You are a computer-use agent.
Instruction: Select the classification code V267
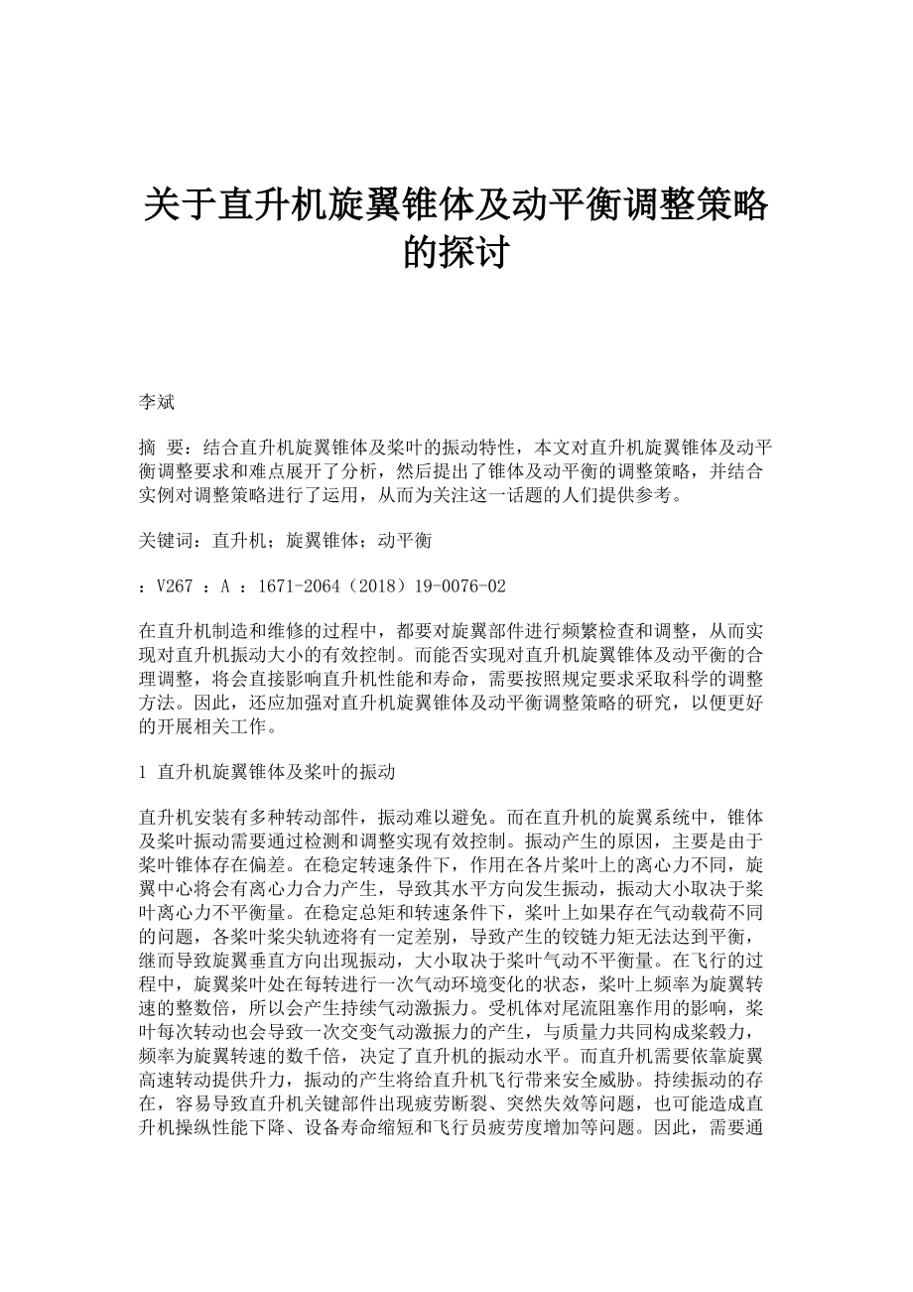pyautogui.click(x=174, y=586)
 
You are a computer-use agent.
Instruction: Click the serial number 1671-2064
pyautogui.click(x=296, y=586)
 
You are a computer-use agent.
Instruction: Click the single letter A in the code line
pyautogui.click(x=225, y=586)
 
